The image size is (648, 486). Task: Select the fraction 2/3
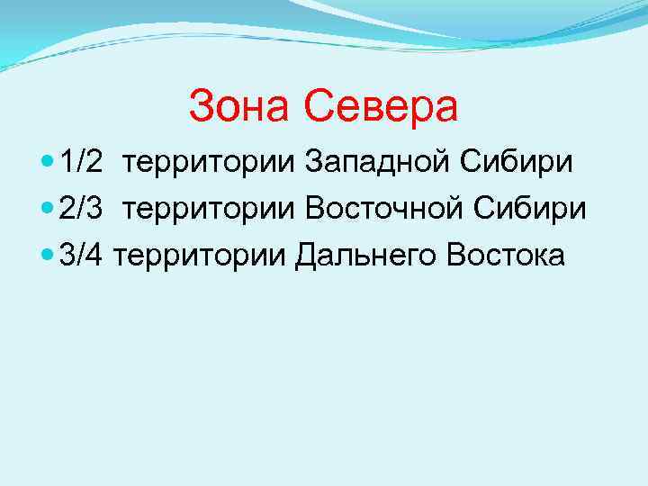82,209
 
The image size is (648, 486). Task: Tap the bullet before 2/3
48,210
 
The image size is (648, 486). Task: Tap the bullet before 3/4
48,256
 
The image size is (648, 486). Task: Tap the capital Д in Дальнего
307,256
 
